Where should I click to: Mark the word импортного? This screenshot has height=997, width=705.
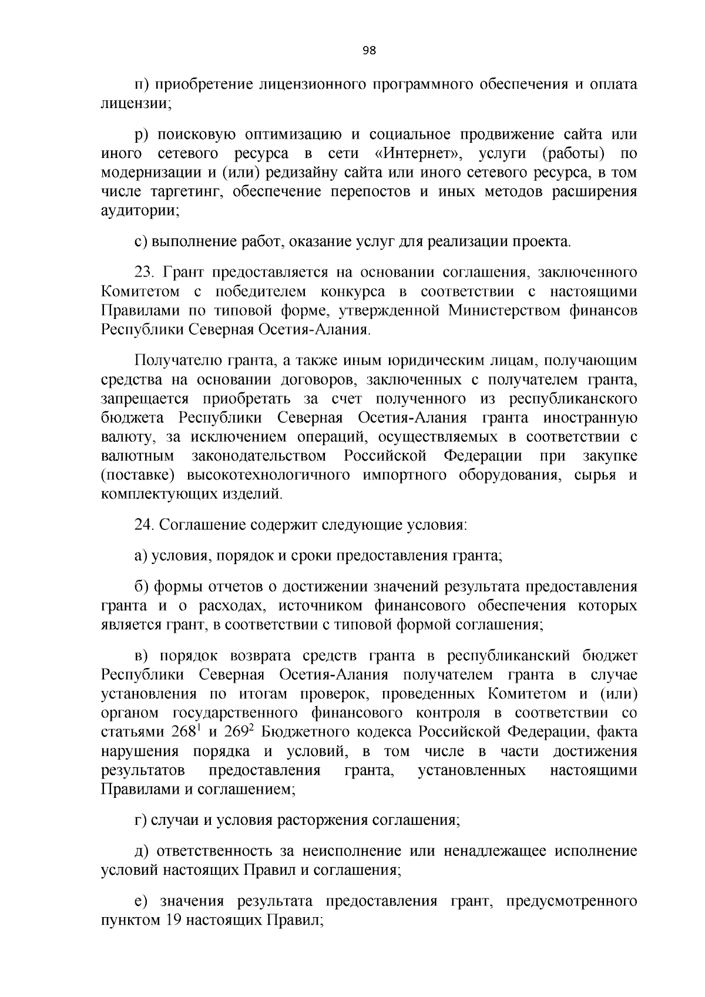click(x=405, y=475)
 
